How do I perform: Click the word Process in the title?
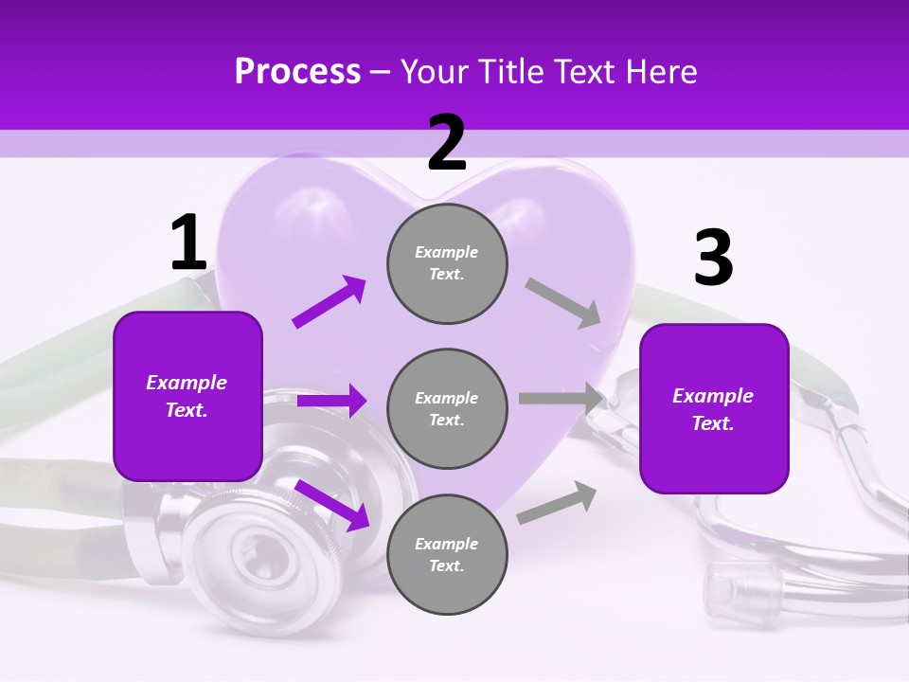[x=297, y=71]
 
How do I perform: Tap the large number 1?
[x=188, y=242]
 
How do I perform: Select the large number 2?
[x=447, y=142]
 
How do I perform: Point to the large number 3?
[x=713, y=258]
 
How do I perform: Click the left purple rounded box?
[x=187, y=396]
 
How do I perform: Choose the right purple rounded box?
[x=714, y=408]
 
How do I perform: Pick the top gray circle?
[x=447, y=263]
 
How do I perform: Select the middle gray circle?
[x=447, y=408]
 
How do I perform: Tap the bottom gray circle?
[x=447, y=554]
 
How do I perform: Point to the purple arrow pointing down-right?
[x=331, y=504]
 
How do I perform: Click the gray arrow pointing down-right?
[x=563, y=302]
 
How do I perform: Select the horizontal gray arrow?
[x=561, y=399]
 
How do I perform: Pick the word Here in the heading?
[x=661, y=71]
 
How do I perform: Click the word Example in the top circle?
[x=447, y=252]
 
